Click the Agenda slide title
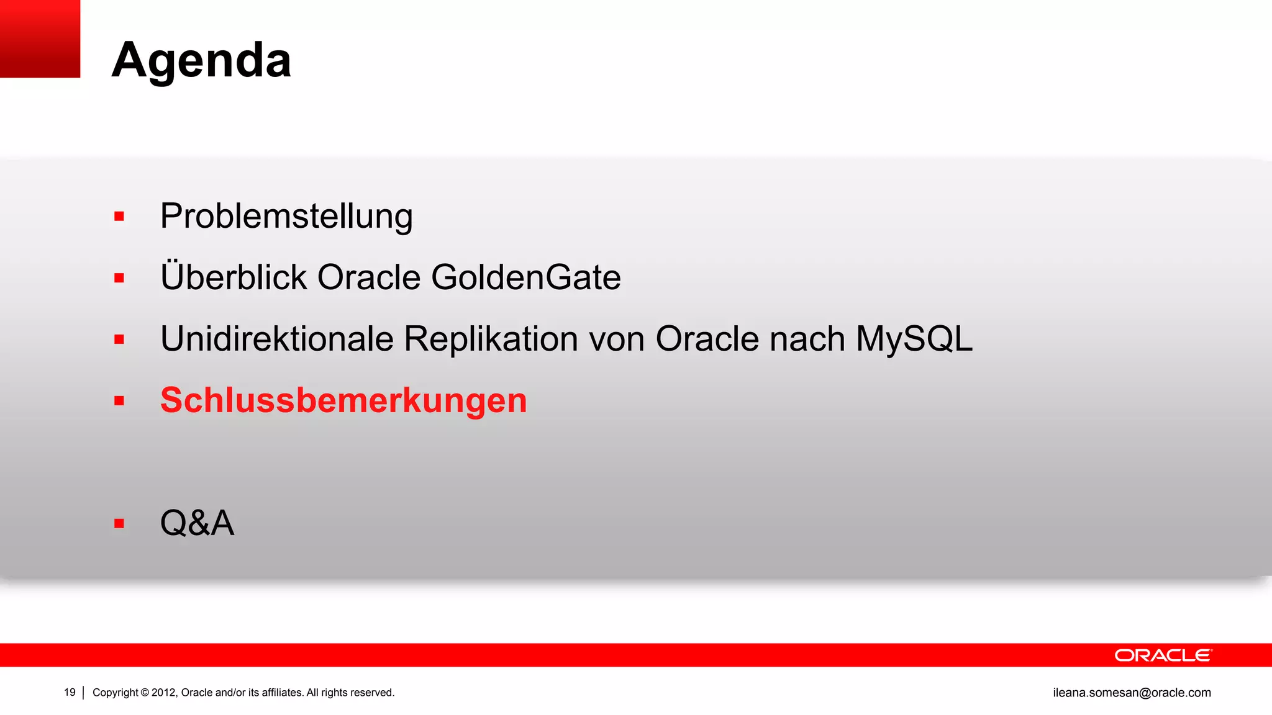pyautogui.click(x=201, y=60)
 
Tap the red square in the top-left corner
pyautogui.click(x=40, y=38)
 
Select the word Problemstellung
pyautogui.click(x=286, y=216)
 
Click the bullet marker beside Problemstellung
pyautogui.click(x=119, y=217)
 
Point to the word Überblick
pyautogui.click(x=234, y=277)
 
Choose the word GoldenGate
pyautogui.click(x=525, y=277)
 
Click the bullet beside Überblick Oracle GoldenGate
pyautogui.click(x=119, y=278)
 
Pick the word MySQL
pyautogui.click(x=914, y=339)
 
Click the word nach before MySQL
pyautogui.click(x=807, y=339)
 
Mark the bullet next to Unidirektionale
pyautogui.click(x=119, y=340)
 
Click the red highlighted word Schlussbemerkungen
pyautogui.click(x=343, y=400)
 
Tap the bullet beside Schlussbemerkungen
pyautogui.click(x=119, y=401)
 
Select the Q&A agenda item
pyautogui.click(x=197, y=523)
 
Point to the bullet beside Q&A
pyautogui.click(x=119, y=524)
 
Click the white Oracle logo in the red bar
pyautogui.click(x=1163, y=655)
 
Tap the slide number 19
pyautogui.click(x=70, y=693)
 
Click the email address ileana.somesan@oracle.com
pyautogui.click(x=1132, y=693)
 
